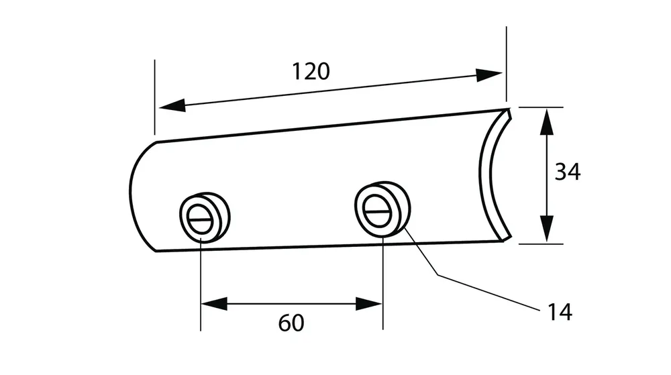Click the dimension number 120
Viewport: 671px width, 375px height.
pos(311,71)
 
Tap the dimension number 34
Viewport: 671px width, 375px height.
pos(568,172)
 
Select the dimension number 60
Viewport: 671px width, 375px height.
pos(291,323)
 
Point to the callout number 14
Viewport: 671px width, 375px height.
pos(560,313)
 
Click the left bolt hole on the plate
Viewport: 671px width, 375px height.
pos(205,217)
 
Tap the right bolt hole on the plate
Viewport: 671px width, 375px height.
pos(382,208)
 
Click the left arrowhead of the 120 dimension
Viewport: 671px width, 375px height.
pos(172,105)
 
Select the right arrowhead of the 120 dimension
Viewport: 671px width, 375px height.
pos(488,75)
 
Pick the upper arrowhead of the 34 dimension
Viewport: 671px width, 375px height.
pos(546,122)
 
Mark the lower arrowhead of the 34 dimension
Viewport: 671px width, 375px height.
pos(546,229)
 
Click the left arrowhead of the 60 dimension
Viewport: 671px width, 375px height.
pos(214,304)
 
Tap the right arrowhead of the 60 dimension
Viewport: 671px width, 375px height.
pos(369,304)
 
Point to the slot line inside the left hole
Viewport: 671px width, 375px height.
pos(200,220)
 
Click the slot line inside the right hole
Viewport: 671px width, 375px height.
pos(377,210)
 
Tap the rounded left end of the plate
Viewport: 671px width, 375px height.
pos(137,196)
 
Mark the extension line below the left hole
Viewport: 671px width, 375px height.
pos(201,284)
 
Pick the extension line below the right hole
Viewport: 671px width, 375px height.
pos(383,282)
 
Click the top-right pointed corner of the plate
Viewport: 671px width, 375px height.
pos(509,109)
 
